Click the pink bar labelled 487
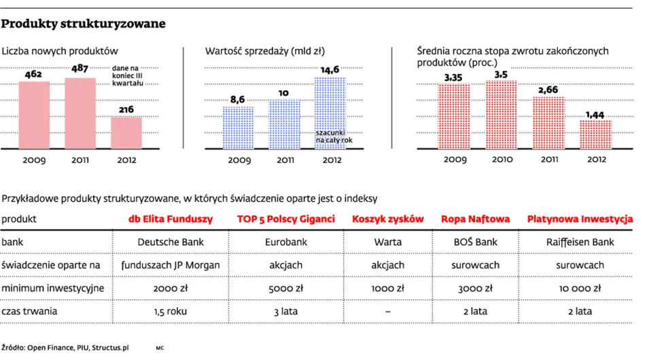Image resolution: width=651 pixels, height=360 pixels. coord(80,113)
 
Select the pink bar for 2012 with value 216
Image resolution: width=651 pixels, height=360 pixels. coord(126,132)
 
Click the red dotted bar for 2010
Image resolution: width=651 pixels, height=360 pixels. coord(501,115)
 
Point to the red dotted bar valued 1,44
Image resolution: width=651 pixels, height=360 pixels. coord(596,134)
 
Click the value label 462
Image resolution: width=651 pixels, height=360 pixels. coord(34,74)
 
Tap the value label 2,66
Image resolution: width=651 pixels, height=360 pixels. coord(548,89)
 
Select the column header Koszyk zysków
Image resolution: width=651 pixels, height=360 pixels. coord(388,219)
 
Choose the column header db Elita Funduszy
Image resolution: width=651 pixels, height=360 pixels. coord(171,219)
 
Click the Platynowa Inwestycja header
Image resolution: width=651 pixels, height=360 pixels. coord(580,219)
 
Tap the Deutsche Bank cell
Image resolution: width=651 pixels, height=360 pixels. coord(171,242)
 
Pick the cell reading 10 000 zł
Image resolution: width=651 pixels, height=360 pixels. coord(580,288)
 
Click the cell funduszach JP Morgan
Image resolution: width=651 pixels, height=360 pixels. coord(171,265)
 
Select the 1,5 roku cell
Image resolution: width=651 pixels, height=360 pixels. coord(171,311)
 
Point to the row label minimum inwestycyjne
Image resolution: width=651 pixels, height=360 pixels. coord(52,288)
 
